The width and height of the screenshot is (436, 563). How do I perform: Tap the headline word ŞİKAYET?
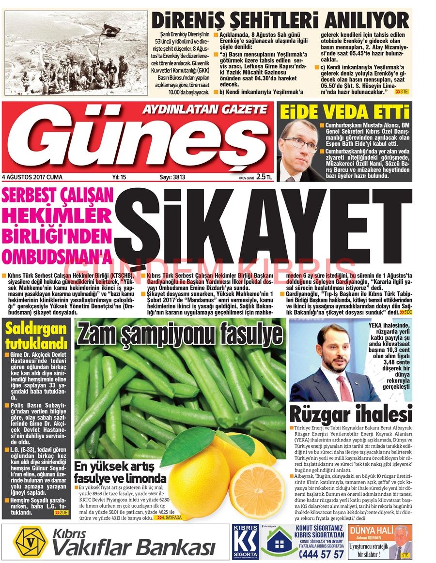(264, 224)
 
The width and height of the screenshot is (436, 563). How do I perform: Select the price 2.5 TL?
(264, 178)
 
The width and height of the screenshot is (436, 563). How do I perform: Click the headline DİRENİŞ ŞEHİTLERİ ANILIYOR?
(280, 20)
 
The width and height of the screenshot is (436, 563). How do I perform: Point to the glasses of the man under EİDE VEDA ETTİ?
(300, 142)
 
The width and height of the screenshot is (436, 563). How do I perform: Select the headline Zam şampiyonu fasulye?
(179, 334)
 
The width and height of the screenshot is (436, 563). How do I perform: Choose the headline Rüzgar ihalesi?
(350, 414)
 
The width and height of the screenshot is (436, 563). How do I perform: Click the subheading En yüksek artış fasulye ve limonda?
(120, 472)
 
